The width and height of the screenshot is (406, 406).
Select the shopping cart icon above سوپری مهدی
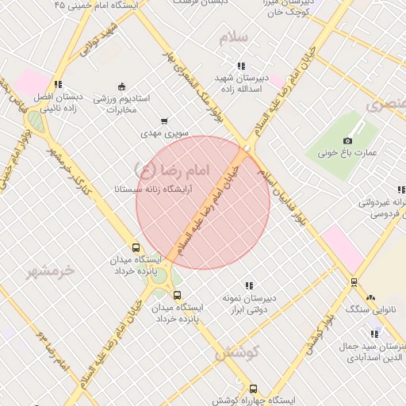point(164,121)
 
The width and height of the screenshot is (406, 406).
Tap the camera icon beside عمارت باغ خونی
point(347,140)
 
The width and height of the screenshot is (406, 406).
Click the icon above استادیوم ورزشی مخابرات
point(121,86)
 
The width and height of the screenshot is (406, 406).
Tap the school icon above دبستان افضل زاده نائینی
point(57,85)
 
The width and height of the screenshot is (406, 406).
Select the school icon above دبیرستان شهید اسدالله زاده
point(240,66)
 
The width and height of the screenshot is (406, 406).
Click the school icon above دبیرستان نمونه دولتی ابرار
point(249,285)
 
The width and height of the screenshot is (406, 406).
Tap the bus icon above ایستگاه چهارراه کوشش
point(253,389)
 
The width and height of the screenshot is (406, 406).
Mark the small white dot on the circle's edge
point(247,148)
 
